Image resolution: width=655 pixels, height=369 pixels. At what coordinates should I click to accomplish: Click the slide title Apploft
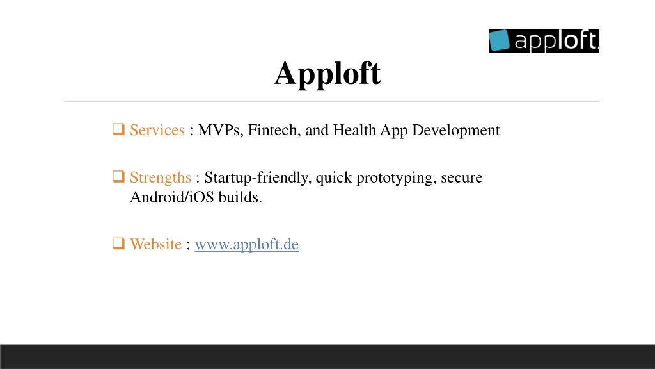[327, 74]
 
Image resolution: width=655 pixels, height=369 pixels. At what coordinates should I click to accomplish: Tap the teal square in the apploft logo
[499, 40]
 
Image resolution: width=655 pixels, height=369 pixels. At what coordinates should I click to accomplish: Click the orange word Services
[157, 130]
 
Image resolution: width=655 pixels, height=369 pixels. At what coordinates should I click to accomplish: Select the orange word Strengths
[161, 178]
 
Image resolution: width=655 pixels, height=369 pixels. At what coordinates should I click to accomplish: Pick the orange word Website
[156, 244]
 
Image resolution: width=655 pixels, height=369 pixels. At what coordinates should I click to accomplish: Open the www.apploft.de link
[247, 244]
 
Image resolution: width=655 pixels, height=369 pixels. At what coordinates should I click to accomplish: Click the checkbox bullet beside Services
[118, 129]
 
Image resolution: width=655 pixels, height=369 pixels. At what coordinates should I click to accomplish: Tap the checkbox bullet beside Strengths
[118, 177]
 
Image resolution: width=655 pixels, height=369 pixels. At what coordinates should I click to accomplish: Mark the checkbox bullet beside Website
[118, 243]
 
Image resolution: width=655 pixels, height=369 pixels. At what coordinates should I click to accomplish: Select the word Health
[354, 130]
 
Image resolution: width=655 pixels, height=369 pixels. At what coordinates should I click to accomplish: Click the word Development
[455, 131]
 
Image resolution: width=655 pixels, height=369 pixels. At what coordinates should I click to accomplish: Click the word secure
[462, 178]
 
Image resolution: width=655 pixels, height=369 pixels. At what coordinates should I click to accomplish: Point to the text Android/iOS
[171, 197]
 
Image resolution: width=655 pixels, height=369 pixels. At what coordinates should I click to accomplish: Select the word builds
[241, 197]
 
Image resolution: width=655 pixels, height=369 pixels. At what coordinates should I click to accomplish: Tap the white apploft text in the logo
[556, 41]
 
